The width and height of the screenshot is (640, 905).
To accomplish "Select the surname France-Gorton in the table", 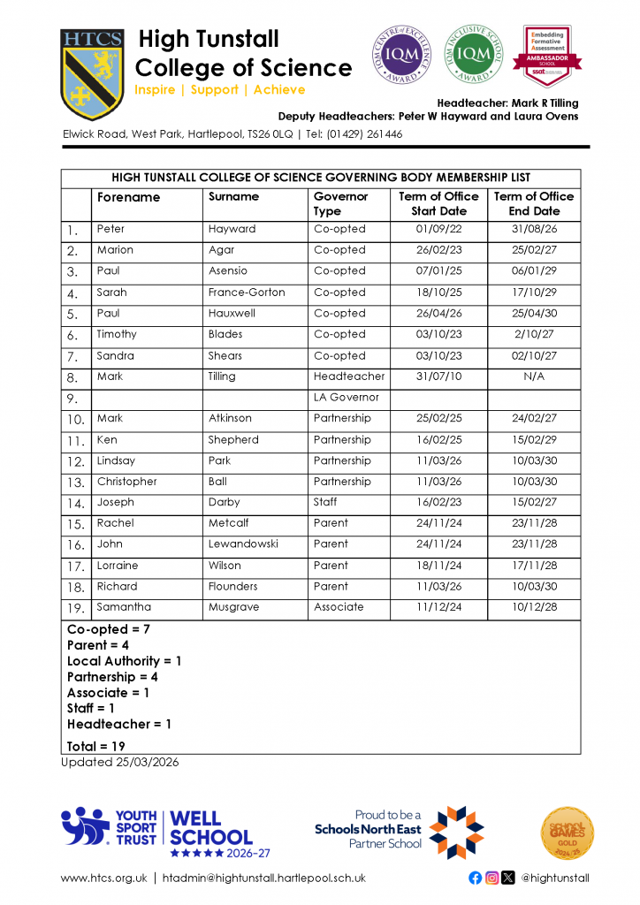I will [x=247, y=293].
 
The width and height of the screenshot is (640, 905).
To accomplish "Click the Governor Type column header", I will [x=340, y=204].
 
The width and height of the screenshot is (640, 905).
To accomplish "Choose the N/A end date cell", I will [x=534, y=376].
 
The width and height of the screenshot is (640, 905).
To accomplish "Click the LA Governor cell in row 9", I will [x=347, y=398].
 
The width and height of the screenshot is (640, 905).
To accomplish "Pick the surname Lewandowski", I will [x=245, y=544].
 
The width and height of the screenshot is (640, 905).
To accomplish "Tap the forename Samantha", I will [x=124, y=607].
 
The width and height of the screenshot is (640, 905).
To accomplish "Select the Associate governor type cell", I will [x=339, y=607].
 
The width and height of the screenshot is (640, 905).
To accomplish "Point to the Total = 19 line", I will [x=96, y=747].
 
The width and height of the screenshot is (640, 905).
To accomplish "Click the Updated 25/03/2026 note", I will [x=119, y=763].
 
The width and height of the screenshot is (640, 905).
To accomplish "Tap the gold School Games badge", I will [x=567, y=833].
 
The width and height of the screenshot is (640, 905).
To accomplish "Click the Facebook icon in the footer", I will [x=476, y=878].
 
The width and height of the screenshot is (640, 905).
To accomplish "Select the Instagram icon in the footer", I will [x=491, y=878].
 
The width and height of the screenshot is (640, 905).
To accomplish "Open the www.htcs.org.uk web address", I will [x=103, y=878].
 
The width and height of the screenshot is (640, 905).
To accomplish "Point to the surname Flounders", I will [x=233, y=587].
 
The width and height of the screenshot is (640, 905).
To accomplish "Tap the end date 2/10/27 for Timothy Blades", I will [x=534, y=335].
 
